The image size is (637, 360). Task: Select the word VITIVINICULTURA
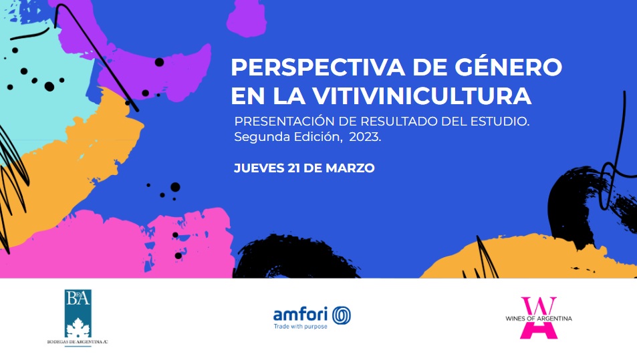422,96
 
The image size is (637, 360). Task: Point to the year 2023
364,137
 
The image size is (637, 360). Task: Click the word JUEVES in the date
259,168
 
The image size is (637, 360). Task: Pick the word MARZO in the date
350,168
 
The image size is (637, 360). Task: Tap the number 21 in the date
293,168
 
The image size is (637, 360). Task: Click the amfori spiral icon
342,315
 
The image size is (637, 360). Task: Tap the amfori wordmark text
300,314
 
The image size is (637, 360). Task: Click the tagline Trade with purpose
300,327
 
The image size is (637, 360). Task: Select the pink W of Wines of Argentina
539,306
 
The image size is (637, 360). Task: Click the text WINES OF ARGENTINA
539,319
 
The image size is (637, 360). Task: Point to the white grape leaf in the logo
78,327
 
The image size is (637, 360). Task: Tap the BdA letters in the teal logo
78,299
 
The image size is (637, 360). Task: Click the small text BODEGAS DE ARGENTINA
78,342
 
